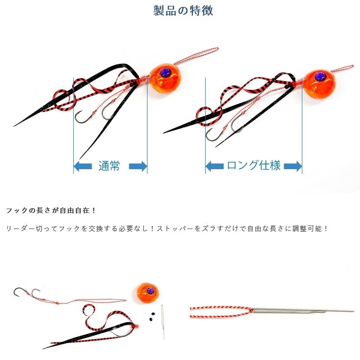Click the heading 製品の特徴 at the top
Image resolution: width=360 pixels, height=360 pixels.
tap(183, 10)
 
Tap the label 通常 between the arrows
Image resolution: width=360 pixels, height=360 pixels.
tap(109, 166)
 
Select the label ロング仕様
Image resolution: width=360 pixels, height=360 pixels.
tap(254, 166)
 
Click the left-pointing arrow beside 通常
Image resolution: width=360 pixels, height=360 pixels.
tap(82, 166)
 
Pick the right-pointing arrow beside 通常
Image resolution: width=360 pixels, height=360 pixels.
tap(138, 166)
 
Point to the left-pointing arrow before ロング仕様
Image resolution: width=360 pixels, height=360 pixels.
tap(214, 166)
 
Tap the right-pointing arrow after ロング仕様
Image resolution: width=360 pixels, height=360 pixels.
tap(293, 166)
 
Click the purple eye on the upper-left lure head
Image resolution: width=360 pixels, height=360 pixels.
tap(165, 72)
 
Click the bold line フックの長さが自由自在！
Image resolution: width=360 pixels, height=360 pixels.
tap(51, 210)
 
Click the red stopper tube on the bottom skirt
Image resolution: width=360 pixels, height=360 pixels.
tap(136, 325)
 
